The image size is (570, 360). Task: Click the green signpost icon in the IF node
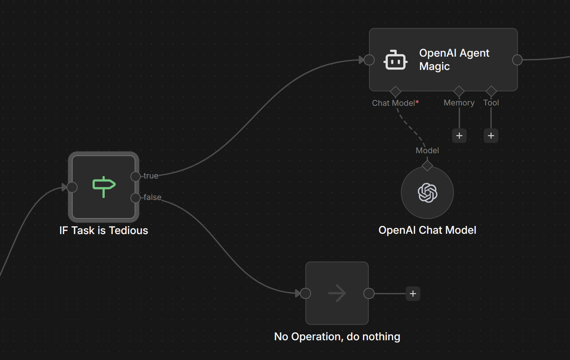click(104, 186)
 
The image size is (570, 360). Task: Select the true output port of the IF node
click(135, 176)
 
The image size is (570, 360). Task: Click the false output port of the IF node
click(135, 198)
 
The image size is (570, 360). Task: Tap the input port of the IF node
click(72, 187)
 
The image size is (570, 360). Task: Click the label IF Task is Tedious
click(104, 230)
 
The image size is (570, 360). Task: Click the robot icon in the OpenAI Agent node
click(395, 60)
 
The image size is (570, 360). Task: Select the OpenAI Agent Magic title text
click(454, 59)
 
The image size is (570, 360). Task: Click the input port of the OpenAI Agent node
click(369, 60)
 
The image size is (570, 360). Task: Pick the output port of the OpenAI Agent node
click(517, 60)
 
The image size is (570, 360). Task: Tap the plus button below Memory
click(459, 136)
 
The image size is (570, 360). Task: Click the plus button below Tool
click(491, 136)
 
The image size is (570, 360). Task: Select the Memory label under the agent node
click(459, 103)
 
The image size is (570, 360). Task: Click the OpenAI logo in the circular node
click(427, 193)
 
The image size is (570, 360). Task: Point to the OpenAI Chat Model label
click(427, 230)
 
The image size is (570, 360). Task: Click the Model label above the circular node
click(427, 150)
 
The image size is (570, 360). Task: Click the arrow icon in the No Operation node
click(337, 293)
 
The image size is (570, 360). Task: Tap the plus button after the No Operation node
click(413, 293)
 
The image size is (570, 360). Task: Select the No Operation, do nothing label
click(337, 337)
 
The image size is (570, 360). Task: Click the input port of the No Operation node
click(305, 293)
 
